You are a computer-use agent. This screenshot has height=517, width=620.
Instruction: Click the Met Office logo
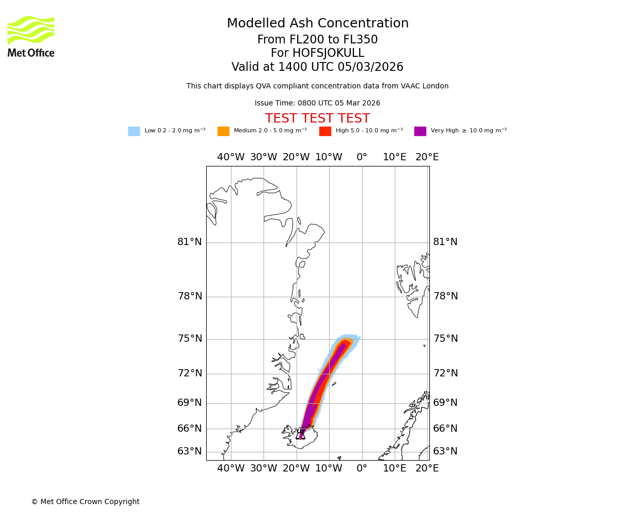click(31, 36)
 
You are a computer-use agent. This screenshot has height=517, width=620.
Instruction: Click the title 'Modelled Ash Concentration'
click(317, 24)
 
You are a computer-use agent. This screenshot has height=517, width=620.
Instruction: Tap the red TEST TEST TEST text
click(317, 119)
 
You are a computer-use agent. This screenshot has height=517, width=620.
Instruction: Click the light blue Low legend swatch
click(134, 131)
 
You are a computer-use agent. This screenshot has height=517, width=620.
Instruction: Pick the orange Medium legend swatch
click(223, 131)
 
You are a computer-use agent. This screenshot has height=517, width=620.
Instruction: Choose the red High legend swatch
click(325, 131)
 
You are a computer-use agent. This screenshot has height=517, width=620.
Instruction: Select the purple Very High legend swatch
click(420, 131)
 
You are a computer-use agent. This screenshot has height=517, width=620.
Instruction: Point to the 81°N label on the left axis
click(190, 242)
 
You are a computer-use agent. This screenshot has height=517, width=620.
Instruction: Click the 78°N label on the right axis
click(445, 296)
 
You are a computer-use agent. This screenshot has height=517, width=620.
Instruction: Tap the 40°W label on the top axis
click(230, 157)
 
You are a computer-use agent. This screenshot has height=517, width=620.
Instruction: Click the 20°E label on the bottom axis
click(427, 468)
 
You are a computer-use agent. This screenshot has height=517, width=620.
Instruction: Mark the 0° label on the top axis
click(362, 157)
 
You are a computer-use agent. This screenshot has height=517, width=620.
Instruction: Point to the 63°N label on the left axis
click(190, 451)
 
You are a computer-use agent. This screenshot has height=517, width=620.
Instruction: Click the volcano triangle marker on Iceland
click(301, 434)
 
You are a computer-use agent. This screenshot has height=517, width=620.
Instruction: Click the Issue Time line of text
click(317, 103)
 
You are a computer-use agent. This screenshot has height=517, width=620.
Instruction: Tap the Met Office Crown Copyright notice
click(85, 502)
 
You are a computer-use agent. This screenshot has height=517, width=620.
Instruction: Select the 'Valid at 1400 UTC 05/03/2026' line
click(317, 67)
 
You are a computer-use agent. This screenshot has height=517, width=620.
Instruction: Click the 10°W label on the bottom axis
click(329, 468)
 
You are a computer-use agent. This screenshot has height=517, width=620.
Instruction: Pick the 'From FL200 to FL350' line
click(317, 40)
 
